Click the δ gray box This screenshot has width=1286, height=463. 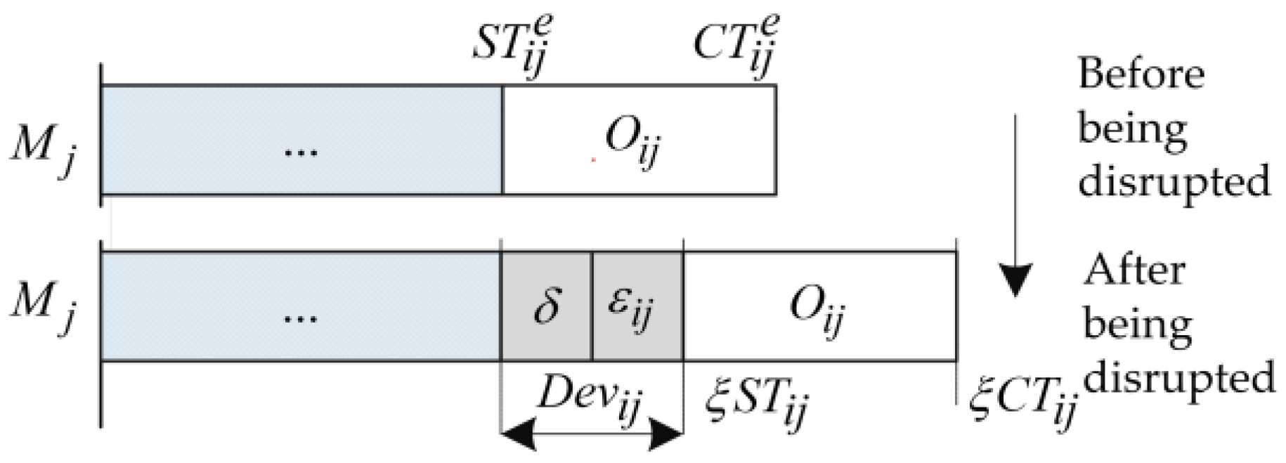point(546,306)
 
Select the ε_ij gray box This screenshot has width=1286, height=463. point(637,306)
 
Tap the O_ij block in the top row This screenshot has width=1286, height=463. point(639,140)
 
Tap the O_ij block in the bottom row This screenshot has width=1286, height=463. point(819,306)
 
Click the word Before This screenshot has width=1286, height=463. point(1141,74)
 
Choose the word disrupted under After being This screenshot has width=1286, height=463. point(1178,380)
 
